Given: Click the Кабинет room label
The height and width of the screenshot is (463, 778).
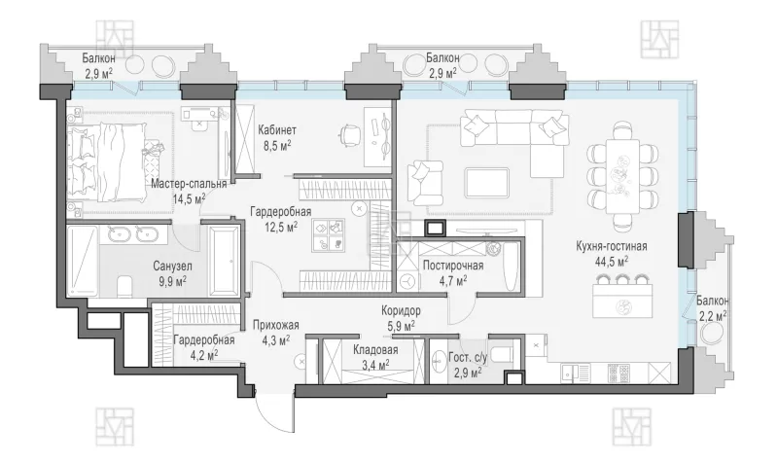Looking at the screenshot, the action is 277,130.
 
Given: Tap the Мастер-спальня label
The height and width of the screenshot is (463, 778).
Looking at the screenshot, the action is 189,184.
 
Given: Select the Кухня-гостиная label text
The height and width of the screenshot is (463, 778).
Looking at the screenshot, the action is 612,246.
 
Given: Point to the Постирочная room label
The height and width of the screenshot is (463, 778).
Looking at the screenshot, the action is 453,266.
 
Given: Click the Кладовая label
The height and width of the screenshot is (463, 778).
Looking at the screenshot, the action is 375,350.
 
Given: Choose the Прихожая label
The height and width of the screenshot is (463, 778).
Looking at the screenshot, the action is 276,326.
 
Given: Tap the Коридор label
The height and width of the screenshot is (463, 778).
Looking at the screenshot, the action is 401,311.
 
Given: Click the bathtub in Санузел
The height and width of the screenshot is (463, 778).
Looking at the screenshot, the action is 224,262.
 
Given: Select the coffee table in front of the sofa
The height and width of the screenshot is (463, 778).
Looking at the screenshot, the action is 487,182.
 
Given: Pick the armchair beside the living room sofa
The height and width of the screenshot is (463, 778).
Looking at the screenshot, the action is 425,179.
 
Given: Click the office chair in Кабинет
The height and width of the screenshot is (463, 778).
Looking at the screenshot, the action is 350,135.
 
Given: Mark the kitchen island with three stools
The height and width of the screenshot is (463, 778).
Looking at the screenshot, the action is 622,301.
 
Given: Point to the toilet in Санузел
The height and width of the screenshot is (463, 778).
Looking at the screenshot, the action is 124,287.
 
